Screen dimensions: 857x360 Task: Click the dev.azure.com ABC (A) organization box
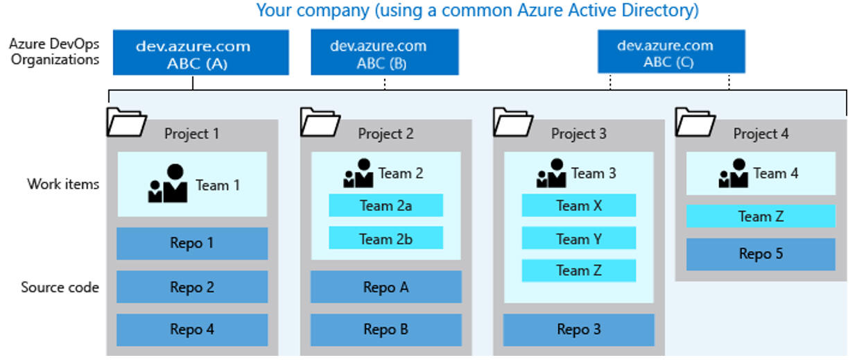[201, 53]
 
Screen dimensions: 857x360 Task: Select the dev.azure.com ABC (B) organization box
[385, 52]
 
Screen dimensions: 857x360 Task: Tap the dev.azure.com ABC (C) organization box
[671, 51]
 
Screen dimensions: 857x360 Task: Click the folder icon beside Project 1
[126, 122]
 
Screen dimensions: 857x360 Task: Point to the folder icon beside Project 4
[695, 122]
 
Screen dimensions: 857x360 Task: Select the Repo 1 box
[192, 243]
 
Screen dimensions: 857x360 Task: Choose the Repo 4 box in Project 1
[192, 329]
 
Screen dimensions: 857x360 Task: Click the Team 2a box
[386, 205]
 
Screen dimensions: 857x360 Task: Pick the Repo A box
[386, 287]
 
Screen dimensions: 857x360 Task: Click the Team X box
[579, 205]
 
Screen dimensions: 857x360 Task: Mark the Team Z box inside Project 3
[579, 271]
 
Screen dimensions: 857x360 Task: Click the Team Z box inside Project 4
[761, 216]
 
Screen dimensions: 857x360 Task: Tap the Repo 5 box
[761, 255]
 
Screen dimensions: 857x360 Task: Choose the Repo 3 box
[579, 329]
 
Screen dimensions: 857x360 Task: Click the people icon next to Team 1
[168, 183]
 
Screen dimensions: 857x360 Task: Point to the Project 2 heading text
[386, 133]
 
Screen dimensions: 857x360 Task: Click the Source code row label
[60, 287]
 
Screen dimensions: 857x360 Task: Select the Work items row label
[63, 184]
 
